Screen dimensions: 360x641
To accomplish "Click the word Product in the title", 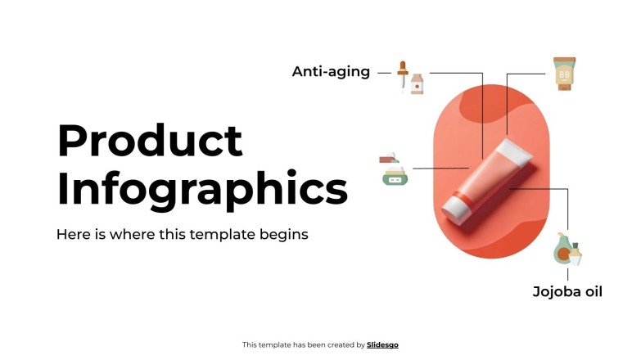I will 150,141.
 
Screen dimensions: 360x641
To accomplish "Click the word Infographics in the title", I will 202,189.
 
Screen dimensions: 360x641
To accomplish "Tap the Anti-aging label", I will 331,72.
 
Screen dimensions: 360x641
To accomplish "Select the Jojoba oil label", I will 567,291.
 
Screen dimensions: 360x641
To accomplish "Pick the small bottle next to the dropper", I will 417,83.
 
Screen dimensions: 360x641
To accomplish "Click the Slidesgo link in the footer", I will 382,345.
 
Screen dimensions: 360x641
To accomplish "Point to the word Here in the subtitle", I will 71,234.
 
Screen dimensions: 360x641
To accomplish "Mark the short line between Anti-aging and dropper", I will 383,73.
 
